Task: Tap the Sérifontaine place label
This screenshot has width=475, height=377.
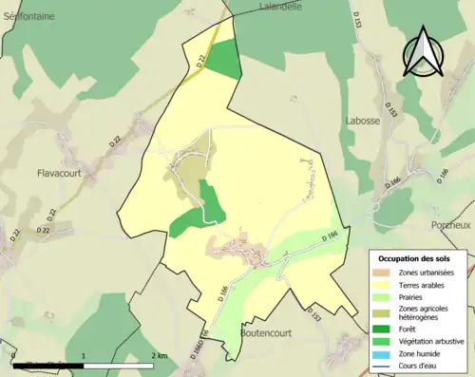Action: pyautogui.click(x=28, y=17)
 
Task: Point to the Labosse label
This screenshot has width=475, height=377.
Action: pyautogui.click(x=363, y=120)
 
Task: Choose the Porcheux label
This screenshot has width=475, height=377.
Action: pyautogui.click(x=451, y=225)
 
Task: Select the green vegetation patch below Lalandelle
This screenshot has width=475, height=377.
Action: pyautogui.click(x=224, y=59)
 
